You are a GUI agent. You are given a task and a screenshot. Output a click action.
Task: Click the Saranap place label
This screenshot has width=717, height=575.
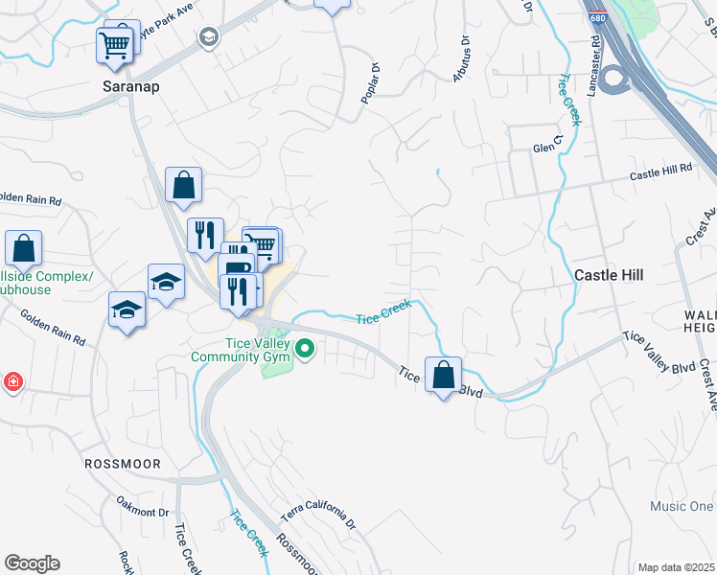[130, 85]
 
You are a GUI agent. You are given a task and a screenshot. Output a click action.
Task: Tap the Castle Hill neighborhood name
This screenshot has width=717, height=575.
[609, 274]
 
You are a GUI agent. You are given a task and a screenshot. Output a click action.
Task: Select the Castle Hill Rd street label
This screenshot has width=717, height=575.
[660, 172]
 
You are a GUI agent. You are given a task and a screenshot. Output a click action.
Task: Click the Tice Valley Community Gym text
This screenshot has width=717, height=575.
[239, 350]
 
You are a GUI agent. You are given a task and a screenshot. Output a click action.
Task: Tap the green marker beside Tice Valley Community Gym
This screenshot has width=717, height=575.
[306, 349]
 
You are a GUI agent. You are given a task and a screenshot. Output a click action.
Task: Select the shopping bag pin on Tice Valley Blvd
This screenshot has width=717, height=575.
[443, 376]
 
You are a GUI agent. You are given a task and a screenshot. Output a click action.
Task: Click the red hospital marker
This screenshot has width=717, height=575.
[12, 382]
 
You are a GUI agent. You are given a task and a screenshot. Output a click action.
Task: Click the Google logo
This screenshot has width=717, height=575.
[32, 563]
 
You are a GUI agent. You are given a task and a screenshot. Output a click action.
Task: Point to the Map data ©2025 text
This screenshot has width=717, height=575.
[676, 567]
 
